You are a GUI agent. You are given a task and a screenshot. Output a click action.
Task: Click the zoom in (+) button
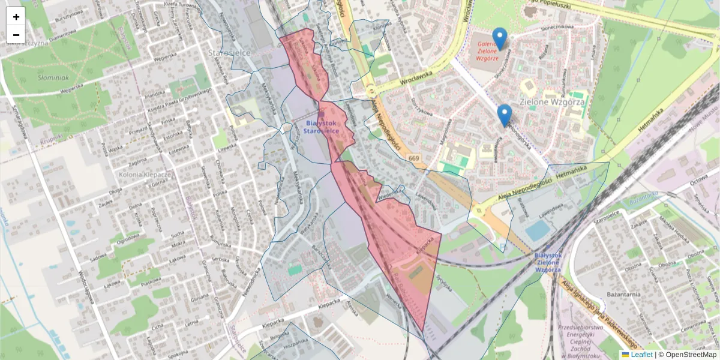pos(16,17)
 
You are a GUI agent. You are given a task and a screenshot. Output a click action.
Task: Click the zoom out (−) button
pos(16,35)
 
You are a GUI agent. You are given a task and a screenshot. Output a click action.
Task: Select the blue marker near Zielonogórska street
pos(505,115)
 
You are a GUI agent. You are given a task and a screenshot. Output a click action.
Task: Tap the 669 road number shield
pos(413,158)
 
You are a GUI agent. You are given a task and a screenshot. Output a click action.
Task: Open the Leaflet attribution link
pos(641,355)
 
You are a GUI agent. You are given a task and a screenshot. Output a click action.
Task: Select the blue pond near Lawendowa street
pos(537,230)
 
